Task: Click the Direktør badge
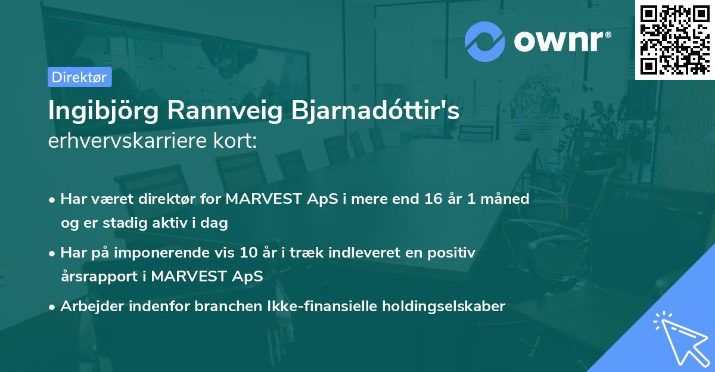[79, 77]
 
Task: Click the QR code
[674, 40]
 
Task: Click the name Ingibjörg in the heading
[103, 111]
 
